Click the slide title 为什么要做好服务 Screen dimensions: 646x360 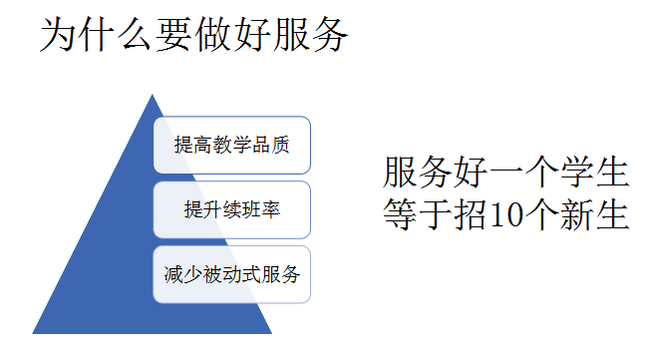[193, 35]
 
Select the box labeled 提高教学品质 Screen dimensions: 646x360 [232, 145]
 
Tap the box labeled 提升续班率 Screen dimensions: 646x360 [232, 209]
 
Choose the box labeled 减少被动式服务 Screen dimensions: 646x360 [232, 274]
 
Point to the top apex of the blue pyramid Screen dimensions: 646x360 [152, 95]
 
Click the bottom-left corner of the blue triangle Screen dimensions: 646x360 [33, 333]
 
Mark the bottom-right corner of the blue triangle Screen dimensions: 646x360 [271, 333]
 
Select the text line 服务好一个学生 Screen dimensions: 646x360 [505, 172]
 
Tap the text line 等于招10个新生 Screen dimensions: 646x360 [505, 213]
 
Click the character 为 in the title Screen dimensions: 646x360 [58, 35]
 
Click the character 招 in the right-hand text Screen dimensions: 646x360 [471, 214]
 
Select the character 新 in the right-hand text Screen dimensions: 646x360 [577, 214]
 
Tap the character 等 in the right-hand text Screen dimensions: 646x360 [400, 214]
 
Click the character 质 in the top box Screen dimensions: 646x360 [280, 145]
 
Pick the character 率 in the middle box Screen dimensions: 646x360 [271, 209]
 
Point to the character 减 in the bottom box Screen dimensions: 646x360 [173, 274]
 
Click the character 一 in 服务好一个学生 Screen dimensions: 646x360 [506, 172]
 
